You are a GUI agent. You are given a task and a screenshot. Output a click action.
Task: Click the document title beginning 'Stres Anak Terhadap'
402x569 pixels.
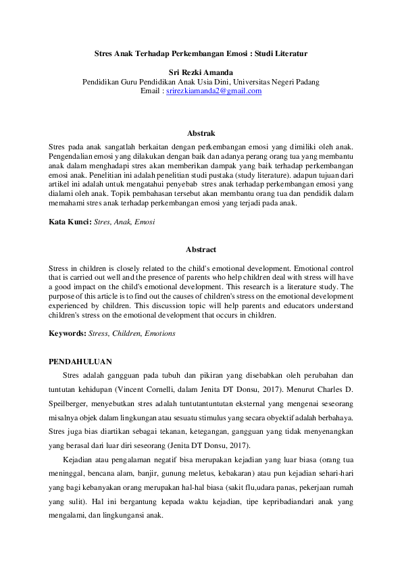coord(201,52)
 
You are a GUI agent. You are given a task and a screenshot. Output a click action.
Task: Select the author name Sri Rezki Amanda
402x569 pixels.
coord(201,72)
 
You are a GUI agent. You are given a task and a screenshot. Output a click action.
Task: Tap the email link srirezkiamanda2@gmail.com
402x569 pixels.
coord(213,91)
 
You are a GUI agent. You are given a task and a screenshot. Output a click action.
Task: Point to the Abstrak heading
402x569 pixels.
coord(201,134)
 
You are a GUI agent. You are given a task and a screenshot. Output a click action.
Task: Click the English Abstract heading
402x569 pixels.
coord(201,249)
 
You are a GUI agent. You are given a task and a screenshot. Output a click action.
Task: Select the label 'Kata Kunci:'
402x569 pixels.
coord(70,221)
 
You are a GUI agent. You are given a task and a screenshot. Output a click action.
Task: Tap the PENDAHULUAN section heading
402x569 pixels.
coord(80,362)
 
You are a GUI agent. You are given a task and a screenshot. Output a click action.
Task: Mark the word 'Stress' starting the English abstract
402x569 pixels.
coord(60,268)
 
